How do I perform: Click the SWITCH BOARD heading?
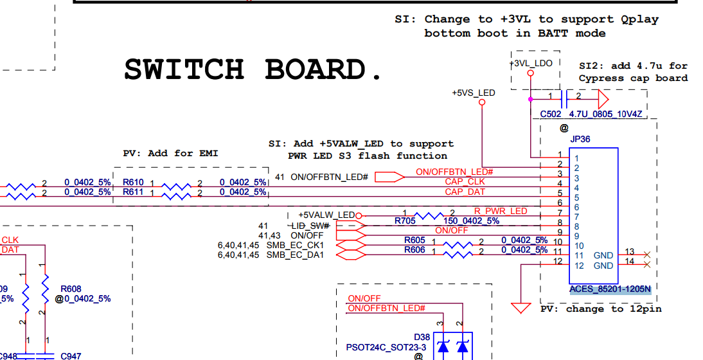253,69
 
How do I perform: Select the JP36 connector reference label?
580,139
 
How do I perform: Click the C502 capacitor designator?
550,114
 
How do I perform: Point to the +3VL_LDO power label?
531,63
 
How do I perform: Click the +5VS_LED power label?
474,93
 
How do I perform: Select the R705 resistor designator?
405,221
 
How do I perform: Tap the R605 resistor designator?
414,240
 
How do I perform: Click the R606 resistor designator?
414,250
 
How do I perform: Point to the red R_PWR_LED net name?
501,211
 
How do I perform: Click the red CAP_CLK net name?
465,182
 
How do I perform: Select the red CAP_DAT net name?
465,192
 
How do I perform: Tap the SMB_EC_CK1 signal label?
295,246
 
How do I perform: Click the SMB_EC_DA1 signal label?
295,255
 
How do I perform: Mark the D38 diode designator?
422,337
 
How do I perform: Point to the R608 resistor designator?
71,289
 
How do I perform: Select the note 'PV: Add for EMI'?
170,154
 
